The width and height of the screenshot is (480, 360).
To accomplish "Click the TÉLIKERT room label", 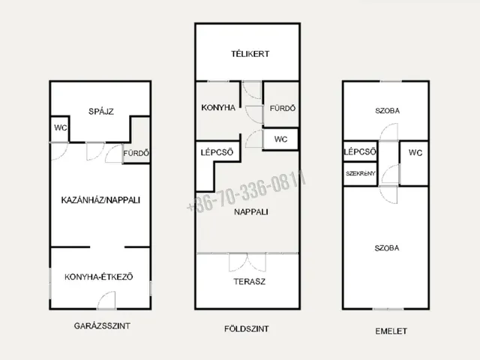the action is [x=250, y=54].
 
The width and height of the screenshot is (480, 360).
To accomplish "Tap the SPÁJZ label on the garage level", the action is [x=101, y=112].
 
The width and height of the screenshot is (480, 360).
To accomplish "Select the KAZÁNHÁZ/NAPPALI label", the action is [x=100, y=200].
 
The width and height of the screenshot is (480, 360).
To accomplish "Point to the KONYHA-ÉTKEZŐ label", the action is [x=98, y=277].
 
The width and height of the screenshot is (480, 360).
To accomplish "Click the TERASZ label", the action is [x=250, y=282].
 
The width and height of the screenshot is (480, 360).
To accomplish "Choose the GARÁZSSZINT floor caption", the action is [x=102, y=325].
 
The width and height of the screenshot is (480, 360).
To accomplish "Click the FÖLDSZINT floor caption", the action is [x=247, y=329].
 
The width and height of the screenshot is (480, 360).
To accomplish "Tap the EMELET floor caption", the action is [x=391, y=331].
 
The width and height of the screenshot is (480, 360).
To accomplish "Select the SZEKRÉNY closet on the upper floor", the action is [x=360, y=173].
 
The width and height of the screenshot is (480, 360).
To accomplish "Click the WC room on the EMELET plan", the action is [x=414, y=163].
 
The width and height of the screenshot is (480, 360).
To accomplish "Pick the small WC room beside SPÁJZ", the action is [x=60, y=129].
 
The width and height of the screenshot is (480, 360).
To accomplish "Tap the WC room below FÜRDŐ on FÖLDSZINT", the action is [x=280, y=139].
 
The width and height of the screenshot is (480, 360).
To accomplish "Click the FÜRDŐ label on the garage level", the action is [x=136, y=153].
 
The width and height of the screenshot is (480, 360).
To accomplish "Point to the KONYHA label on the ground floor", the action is [x=218, y=108].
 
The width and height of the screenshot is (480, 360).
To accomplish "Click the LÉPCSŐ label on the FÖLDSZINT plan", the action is [x=217, y=152].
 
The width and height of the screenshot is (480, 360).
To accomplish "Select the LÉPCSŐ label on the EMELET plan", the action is [x=360, y=151].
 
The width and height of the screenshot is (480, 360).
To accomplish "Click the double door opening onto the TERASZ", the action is [x=247, y=262].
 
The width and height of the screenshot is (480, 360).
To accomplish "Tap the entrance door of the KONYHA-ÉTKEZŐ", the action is [x=106, y=300].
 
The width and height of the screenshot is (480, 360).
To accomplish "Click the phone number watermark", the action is [x=247, y=191].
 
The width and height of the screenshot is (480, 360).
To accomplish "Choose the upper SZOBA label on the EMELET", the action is [x=387, y=111].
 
